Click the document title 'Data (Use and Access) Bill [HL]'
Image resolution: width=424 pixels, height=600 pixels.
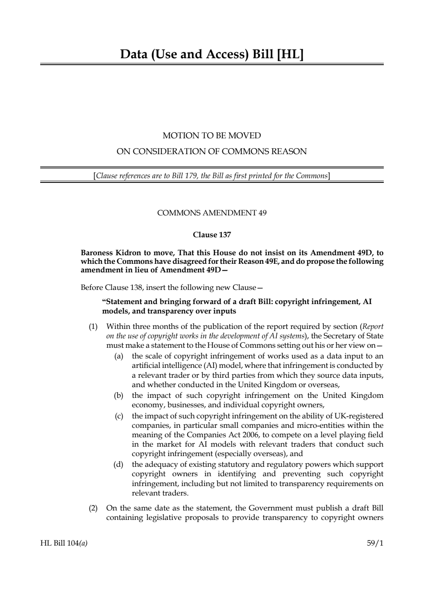pyautogui.click(x=212, y=54)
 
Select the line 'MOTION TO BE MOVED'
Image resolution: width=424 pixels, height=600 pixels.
pyautogui.click(x=212, y=136)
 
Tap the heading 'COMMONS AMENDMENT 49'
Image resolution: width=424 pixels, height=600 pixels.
pyautogui.click(x=212, y=213)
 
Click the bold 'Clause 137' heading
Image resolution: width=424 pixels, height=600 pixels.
pyautogui.click(x=212, y=235)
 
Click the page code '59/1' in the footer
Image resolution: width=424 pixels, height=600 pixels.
pyautogui.click(x=375, y=543)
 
